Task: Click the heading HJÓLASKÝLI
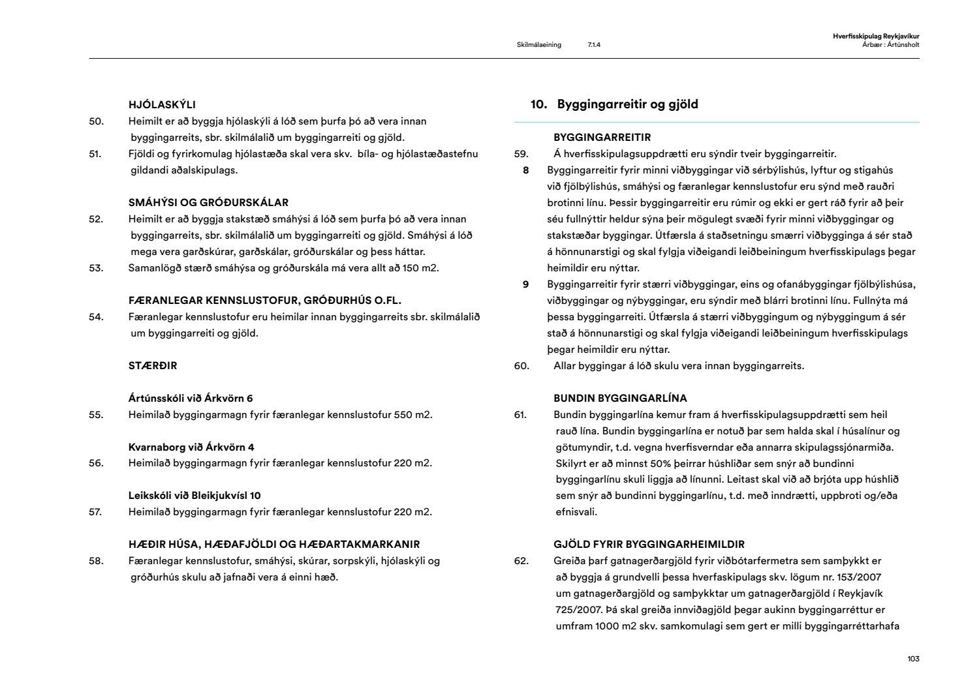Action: click(x=162, y=104)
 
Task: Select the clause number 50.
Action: click(x=96, y=121)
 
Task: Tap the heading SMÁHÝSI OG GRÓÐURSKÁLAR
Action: click(x=208, y=203)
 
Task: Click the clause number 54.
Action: click(x=96, y=317)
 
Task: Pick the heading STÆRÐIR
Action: click(x=153, y=366)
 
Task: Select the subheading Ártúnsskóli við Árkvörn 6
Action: click(x=191, y=399)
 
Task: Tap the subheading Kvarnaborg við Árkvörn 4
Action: click(x=191, y=447)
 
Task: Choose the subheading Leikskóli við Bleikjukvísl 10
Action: click(x=194, y=496)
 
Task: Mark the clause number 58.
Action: click(x=96, y=561)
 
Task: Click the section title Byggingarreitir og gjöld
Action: click(x=627, y=104)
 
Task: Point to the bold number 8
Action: click(x=525, y=170)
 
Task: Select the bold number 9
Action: click(x=525, y=284)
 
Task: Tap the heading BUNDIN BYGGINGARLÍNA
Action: click(x=620, y=399)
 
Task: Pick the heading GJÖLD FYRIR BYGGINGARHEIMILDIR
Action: click(x=649, y=545)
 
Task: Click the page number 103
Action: click(x=913, y=659)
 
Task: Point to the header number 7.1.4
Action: click(x=594, y=45)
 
